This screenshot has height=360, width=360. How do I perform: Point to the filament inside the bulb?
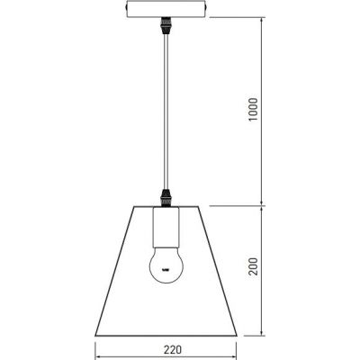[x=165, y=267]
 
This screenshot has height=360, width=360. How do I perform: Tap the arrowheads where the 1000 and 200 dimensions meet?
[x=261, y=204]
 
